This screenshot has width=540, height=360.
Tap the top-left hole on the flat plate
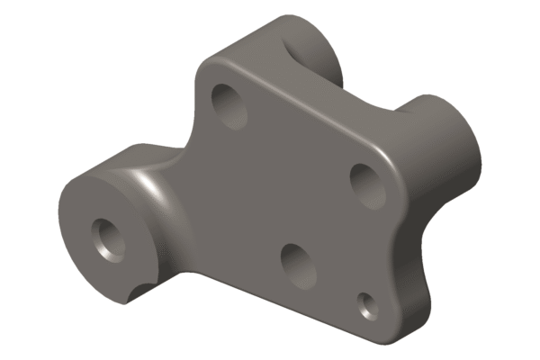(229, 103)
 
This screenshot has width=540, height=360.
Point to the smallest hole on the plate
(367, 304)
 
